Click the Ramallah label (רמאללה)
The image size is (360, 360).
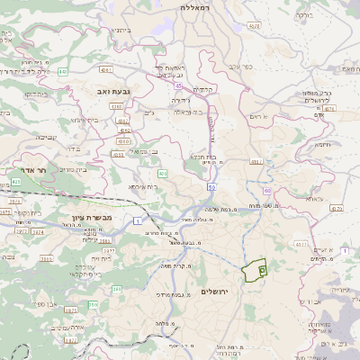coord(193,7)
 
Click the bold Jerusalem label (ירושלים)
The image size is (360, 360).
coord(216,292)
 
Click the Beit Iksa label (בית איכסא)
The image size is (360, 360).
coord(142,186)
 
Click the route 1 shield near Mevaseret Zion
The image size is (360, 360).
coord(136,220)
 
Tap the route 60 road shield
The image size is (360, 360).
coord(266,191)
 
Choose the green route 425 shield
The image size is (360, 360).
coord(17,182)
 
